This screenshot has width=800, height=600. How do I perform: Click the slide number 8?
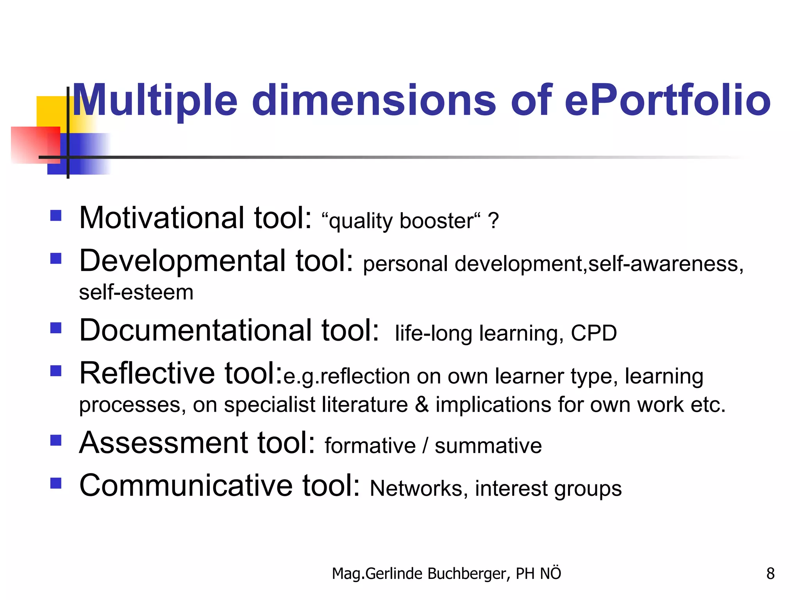click(770, 573)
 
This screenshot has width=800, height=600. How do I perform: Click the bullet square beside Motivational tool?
click(56, 216)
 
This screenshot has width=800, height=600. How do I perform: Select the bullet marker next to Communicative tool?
click(56, 484)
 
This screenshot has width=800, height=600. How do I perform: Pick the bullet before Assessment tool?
click(56, 441)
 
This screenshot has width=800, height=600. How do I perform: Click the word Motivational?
click(162, 218)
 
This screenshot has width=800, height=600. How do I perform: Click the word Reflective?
click(147, 373)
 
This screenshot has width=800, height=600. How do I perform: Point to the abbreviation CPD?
click(594, 333)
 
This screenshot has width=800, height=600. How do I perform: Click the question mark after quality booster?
click(493, 221)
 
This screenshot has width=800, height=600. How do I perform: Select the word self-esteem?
click(136, 292)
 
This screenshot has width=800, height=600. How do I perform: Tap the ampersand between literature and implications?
click(421, 404)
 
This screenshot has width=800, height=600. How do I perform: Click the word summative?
click(488, 446)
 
